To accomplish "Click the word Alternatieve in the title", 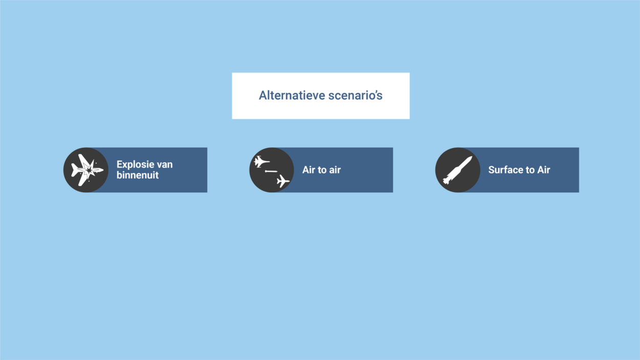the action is point(292,95).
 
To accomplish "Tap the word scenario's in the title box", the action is point(355,95).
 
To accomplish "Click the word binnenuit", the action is point(137,175).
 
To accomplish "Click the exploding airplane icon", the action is point(87,171).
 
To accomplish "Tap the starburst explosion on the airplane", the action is point(90,170).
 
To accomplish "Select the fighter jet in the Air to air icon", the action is point(261,161).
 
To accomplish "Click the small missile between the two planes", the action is point(271,172).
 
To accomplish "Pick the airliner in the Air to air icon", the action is point(283,181).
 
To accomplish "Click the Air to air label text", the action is point(322,170).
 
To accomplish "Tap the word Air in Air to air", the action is point(308,170).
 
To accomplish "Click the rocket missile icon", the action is point(457,171).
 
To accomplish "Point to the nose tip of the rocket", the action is point(472,157).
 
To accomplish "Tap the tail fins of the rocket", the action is point(446,181).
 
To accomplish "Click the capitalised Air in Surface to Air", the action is point(544,170).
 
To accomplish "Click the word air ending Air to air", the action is point(335,171).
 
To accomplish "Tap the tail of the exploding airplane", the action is point(75,171).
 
